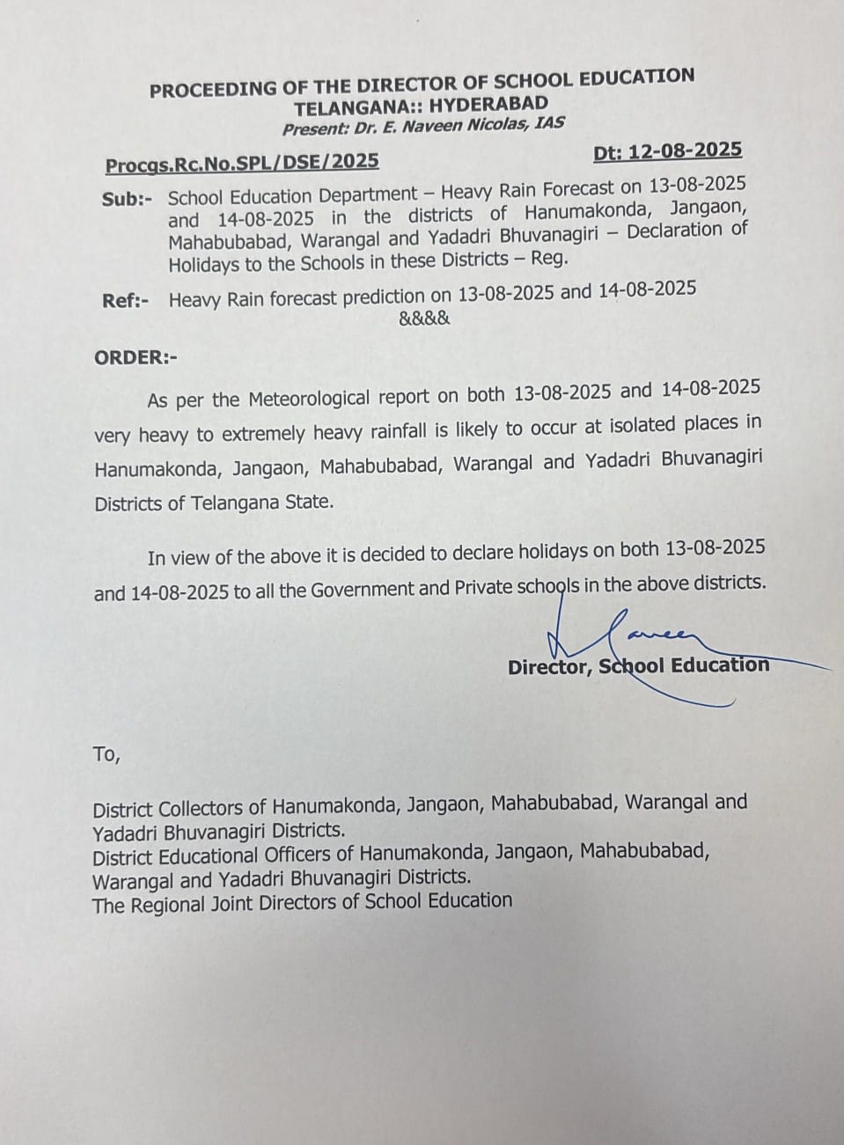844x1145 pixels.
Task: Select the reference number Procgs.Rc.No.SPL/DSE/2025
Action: (x=242, y=163)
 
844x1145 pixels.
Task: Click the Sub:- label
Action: (x=126, y=199)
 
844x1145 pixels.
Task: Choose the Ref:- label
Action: (x=125, y=301)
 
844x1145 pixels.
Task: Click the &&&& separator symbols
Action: (x=424, y=318)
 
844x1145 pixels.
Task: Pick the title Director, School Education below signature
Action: (x=638, y=666)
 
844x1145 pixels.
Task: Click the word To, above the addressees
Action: (x=106, y=754)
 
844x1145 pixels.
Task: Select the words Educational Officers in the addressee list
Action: (x=255, y=854)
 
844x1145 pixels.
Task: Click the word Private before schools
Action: (x=488, y=587)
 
